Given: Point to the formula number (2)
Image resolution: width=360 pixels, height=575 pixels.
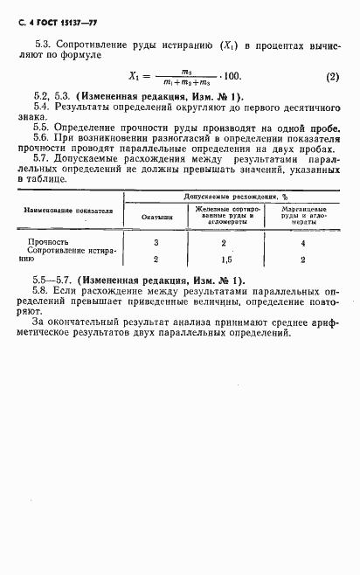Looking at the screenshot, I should coord(332,76).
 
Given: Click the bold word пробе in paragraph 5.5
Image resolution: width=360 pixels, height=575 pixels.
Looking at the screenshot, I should coord(319,127).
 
